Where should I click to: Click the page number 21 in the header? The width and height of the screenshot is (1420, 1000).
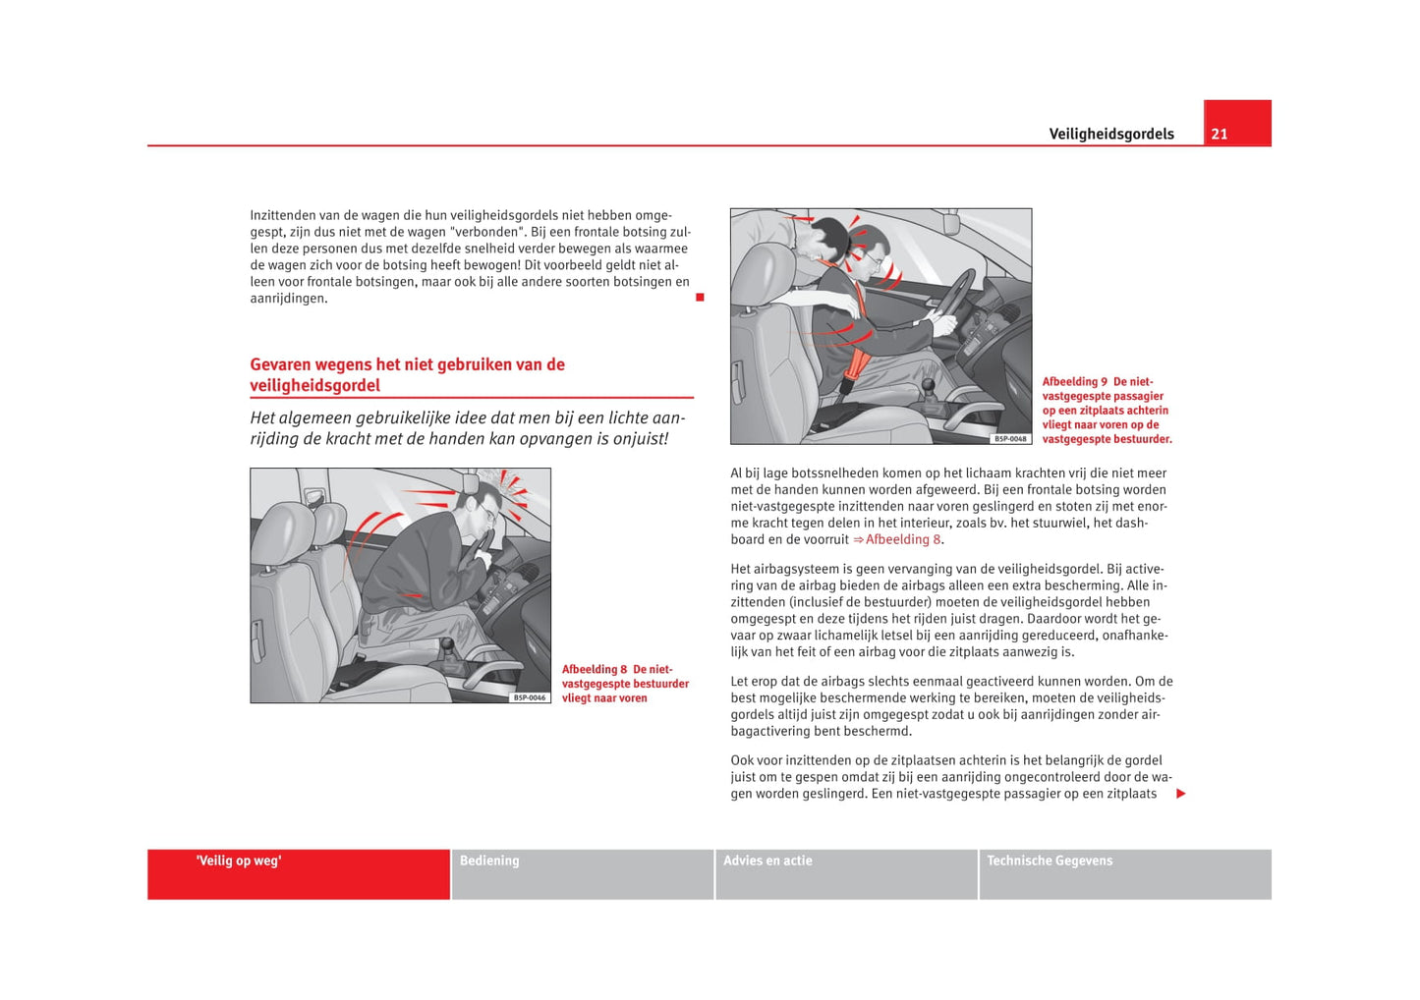click(1220, 135)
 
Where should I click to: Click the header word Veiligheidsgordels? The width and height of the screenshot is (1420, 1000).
click(1110, 135)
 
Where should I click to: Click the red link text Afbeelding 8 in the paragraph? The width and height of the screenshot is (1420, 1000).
click(903, 539)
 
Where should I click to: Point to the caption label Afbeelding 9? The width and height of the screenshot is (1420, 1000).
click(1074, 382)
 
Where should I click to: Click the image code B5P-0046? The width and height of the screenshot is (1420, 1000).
click(530, 697)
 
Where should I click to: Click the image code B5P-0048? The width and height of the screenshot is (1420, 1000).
click(1010, 439)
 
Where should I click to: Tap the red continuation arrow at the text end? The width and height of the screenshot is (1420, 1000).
click(1181, 794)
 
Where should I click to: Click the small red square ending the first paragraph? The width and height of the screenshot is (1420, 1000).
click(700, 298)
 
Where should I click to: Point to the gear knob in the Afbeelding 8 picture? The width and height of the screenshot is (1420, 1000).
click(448, 647)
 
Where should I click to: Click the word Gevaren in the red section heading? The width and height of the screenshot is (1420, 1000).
click(280, 364)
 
